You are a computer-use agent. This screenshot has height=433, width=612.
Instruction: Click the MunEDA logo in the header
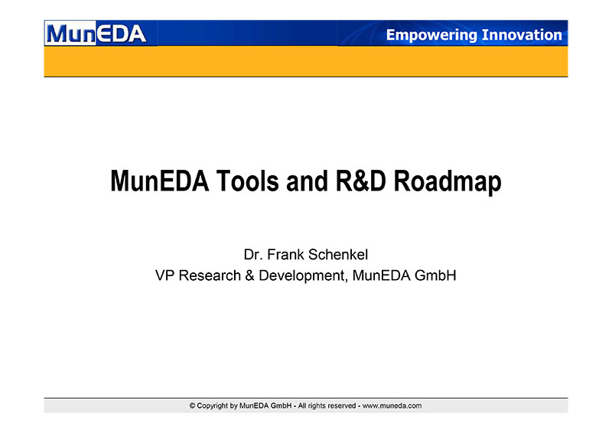96,34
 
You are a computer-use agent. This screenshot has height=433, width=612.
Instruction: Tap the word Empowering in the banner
431,35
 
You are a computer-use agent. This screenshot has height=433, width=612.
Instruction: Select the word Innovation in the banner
522,34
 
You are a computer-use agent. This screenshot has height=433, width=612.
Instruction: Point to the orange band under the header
306,61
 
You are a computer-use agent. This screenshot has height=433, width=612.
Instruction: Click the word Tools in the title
247,181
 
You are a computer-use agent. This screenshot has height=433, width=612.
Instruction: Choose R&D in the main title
360,181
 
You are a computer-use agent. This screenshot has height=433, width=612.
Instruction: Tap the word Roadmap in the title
448,182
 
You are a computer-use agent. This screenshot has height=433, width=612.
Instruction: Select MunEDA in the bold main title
160,181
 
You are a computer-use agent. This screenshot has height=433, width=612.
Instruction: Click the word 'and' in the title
308,181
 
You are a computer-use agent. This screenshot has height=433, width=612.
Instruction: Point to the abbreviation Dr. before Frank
252,255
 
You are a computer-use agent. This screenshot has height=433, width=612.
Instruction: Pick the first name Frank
285,255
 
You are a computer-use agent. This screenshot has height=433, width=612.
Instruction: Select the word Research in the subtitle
210,275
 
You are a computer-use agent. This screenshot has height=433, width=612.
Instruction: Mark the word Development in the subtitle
302,276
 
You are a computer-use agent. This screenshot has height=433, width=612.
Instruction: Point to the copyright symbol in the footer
193,405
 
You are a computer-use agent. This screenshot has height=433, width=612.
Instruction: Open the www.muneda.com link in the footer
392,405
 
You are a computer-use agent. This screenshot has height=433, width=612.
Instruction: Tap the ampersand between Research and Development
250,275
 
